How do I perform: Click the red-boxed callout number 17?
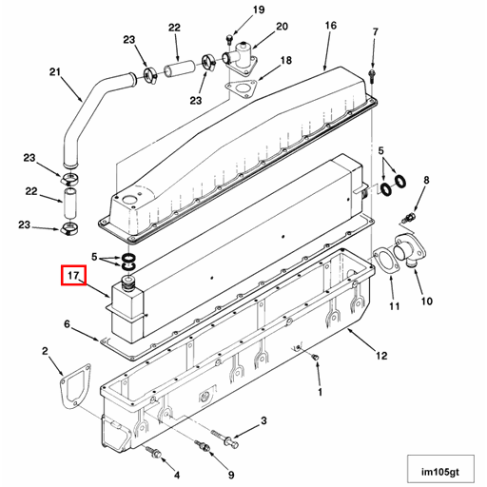tap(73, 275)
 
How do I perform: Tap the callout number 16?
tap(330, 26)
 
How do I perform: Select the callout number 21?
tap(55, 72)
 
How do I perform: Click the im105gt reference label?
tap(440, 472)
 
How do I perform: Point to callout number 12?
tap(381, 356)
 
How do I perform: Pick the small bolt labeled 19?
tap(229, 40)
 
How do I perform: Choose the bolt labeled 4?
tap(154, 453)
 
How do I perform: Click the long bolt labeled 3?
tap(224, 438)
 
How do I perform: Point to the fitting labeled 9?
tap(203, 445)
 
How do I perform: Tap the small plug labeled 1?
tap(315, 358)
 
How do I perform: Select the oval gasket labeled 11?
tap(385, 263)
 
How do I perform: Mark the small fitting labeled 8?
tap(408, 218)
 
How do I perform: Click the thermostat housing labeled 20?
tap(241, 58)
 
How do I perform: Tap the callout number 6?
tap(67, 323)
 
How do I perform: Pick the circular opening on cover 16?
tap(128, 200)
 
